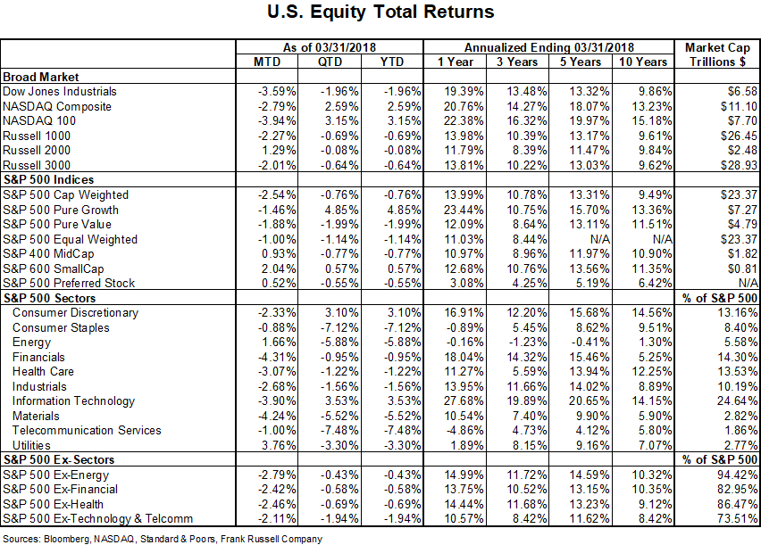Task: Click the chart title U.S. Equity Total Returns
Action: coord(380,12)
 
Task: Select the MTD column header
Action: coord(267,62)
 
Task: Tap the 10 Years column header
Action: coord(643,62)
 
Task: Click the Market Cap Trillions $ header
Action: coord(717,54)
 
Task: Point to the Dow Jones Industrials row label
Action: coord(60,92)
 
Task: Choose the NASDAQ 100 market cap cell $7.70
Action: coord(740,120)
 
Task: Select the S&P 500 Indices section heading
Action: coord(48,180)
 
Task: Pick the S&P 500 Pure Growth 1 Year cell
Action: coord(464,210)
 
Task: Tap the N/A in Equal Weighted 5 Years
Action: coord(600,240)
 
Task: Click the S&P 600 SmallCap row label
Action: coord(54,269)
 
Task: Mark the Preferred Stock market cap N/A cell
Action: coord(748,283)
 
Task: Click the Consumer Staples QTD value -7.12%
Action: coord(339,327)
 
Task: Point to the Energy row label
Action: coord(31,343)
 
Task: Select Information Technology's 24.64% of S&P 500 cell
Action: coord(737,401)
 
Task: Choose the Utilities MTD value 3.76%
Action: coord(279,445)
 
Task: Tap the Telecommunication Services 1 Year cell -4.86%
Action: coord(464,431)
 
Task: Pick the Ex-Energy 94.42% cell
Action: coord(737,475)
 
